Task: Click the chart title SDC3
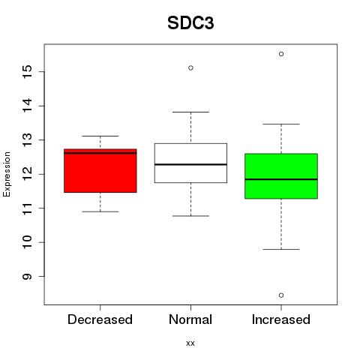click(190, 23)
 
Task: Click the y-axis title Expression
click(7, 174)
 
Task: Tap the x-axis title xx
click(190, 343)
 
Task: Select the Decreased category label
click(100, 319)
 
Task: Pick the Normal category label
click(190, 319)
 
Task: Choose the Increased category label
click(281, 319)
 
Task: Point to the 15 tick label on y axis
click(28, 72)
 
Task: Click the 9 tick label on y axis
click(28, 276)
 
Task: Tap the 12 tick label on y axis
click(28, 174)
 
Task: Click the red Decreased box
click(100, 171)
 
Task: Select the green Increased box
click(281, 176)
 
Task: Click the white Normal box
click(190, 163)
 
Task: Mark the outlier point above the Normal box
click(190, 67)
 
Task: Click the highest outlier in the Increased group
click(281, 54)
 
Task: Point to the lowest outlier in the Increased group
click(281, 295)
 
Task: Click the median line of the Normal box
click(190, 164)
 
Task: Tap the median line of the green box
click(281, 179)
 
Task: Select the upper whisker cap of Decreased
click(100, 136)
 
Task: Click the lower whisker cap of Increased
click(281, 249)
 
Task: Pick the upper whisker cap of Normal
click(190, 112)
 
